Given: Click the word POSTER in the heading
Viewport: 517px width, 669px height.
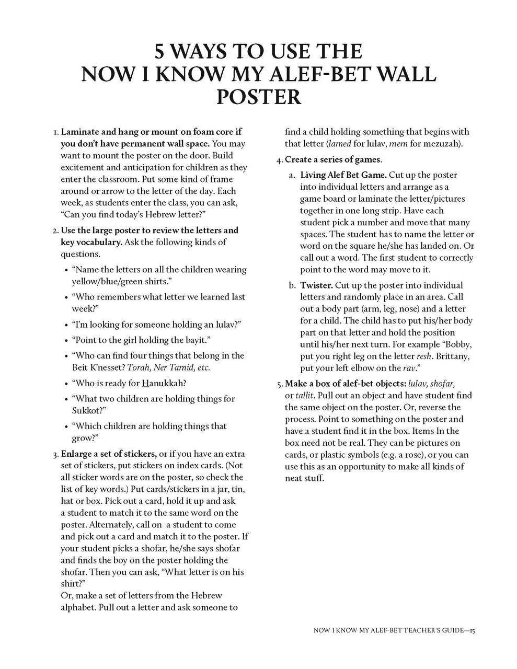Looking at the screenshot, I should pyautogui.click(x=258, y=97).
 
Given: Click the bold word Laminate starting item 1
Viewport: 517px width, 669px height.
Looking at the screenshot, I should pyautogui.click(x=81, y=132).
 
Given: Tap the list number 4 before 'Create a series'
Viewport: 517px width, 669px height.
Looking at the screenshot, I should pyautogui.click(x=280, y=159).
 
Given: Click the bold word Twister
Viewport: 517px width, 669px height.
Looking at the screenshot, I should pyautogui.click(x=316, y=285).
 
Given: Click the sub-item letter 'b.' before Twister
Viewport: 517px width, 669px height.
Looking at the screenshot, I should pyautogui.click(x=292, y=285).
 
